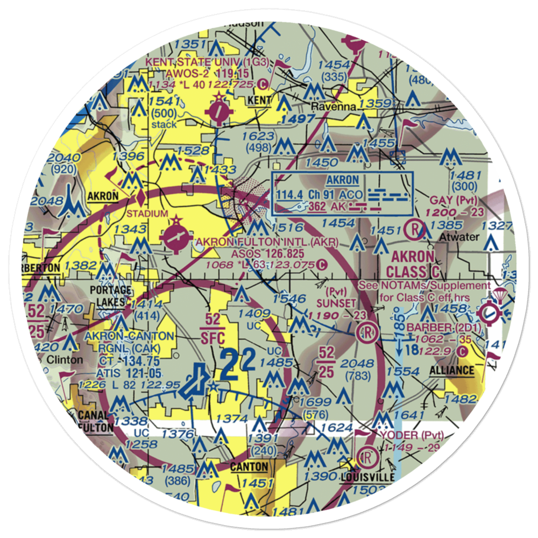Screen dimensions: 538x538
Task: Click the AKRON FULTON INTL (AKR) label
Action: point(268,242)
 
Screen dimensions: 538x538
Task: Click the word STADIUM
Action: point(147,214)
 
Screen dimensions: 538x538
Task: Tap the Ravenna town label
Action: point(336,107)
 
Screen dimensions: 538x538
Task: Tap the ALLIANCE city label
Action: point(452,371)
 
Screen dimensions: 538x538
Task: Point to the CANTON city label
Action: point(249,466)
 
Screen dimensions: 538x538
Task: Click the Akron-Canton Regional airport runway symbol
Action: point(192,384)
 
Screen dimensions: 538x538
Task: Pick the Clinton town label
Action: point(63,359)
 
